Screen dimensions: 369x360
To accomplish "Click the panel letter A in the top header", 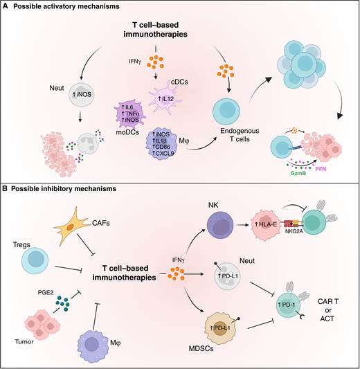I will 7,6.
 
